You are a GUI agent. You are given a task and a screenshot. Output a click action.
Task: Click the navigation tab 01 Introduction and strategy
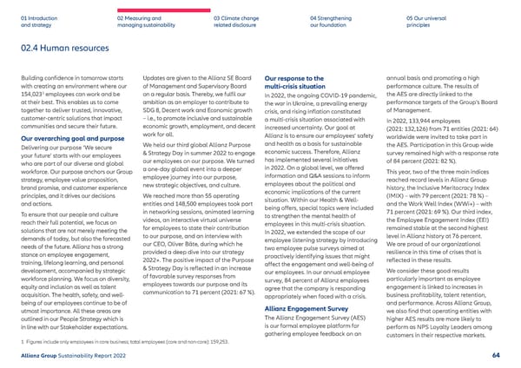click(38, 20)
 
